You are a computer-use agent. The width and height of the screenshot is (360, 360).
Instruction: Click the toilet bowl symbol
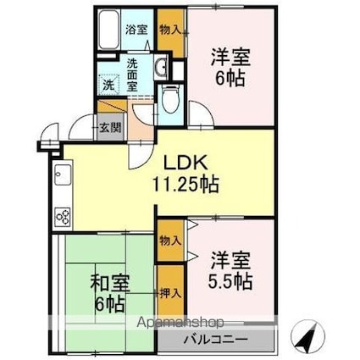pyautogui.click(x=170, y=100)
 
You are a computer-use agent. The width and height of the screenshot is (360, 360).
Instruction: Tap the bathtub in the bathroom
pyautogui.click(x=109, y=30)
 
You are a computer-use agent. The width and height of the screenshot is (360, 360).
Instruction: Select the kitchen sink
pyautogui.click(x=63, y=174)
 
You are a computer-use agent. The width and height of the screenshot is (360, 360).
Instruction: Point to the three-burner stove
pyautogui.click(x=63, y=217)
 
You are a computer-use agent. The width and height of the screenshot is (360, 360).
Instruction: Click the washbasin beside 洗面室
pyautogui.click(x=162, y=66)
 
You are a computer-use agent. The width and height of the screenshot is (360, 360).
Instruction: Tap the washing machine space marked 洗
pyautogui.click(x=108, y=85)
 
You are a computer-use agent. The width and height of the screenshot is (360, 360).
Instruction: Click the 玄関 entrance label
pyautogui.click(x=110, y=128)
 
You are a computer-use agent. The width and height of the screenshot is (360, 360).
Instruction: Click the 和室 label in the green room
pyautogui.click(x=110, y=283)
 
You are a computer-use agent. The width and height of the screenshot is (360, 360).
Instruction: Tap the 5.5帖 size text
pyautogui.click(x=230, y=281)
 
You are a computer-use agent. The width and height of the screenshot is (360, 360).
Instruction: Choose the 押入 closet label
pyautogui.click(x=170, y=294)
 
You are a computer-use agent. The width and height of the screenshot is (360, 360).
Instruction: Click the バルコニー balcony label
pyautogui.click(x=216, y=340)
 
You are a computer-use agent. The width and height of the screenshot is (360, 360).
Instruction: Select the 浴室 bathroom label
pyautogui.click(x=136, y=30)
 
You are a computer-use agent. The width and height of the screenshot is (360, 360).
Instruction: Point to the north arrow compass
pyautogui.click(x=307, y=336)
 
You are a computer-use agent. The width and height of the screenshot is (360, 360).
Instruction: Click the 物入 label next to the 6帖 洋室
pyautogui.click(x=170, y=30)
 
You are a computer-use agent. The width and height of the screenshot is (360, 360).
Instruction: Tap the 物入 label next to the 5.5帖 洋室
pyautogui.click(x=170, y=241)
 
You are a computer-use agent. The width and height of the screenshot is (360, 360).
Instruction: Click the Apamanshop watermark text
pyautogui.click(x=180, y=322)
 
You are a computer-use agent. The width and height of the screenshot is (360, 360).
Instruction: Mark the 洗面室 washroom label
pyautogui.click(x=132, y=75)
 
